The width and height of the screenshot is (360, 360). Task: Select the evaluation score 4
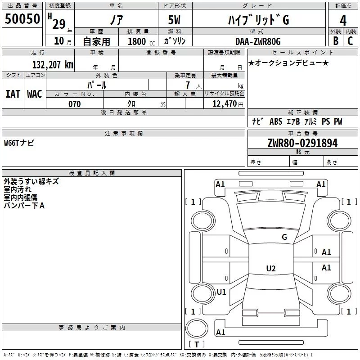tap(343, 20)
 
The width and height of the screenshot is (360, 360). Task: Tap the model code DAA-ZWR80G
tap(258, 41)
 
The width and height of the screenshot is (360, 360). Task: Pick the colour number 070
tap(74, 104)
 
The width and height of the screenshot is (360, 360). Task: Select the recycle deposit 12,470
tap(224, 104)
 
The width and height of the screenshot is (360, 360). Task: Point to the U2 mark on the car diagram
tap(270, 269)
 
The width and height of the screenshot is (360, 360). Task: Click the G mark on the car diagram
tap(284, 237)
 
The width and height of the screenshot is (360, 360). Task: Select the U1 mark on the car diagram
tap(221, 292)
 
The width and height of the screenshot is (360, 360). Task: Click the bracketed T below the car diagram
tap(196, 345)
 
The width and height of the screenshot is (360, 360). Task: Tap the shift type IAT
tap(13, 94)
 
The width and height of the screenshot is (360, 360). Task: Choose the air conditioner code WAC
tap(34, 94)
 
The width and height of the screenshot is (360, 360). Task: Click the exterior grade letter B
tap(335, 41)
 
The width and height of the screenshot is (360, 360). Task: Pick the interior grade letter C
tap(350, 41)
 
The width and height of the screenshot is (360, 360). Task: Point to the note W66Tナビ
tap(19, 143)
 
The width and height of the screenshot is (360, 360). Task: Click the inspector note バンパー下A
tap(24, 206)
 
